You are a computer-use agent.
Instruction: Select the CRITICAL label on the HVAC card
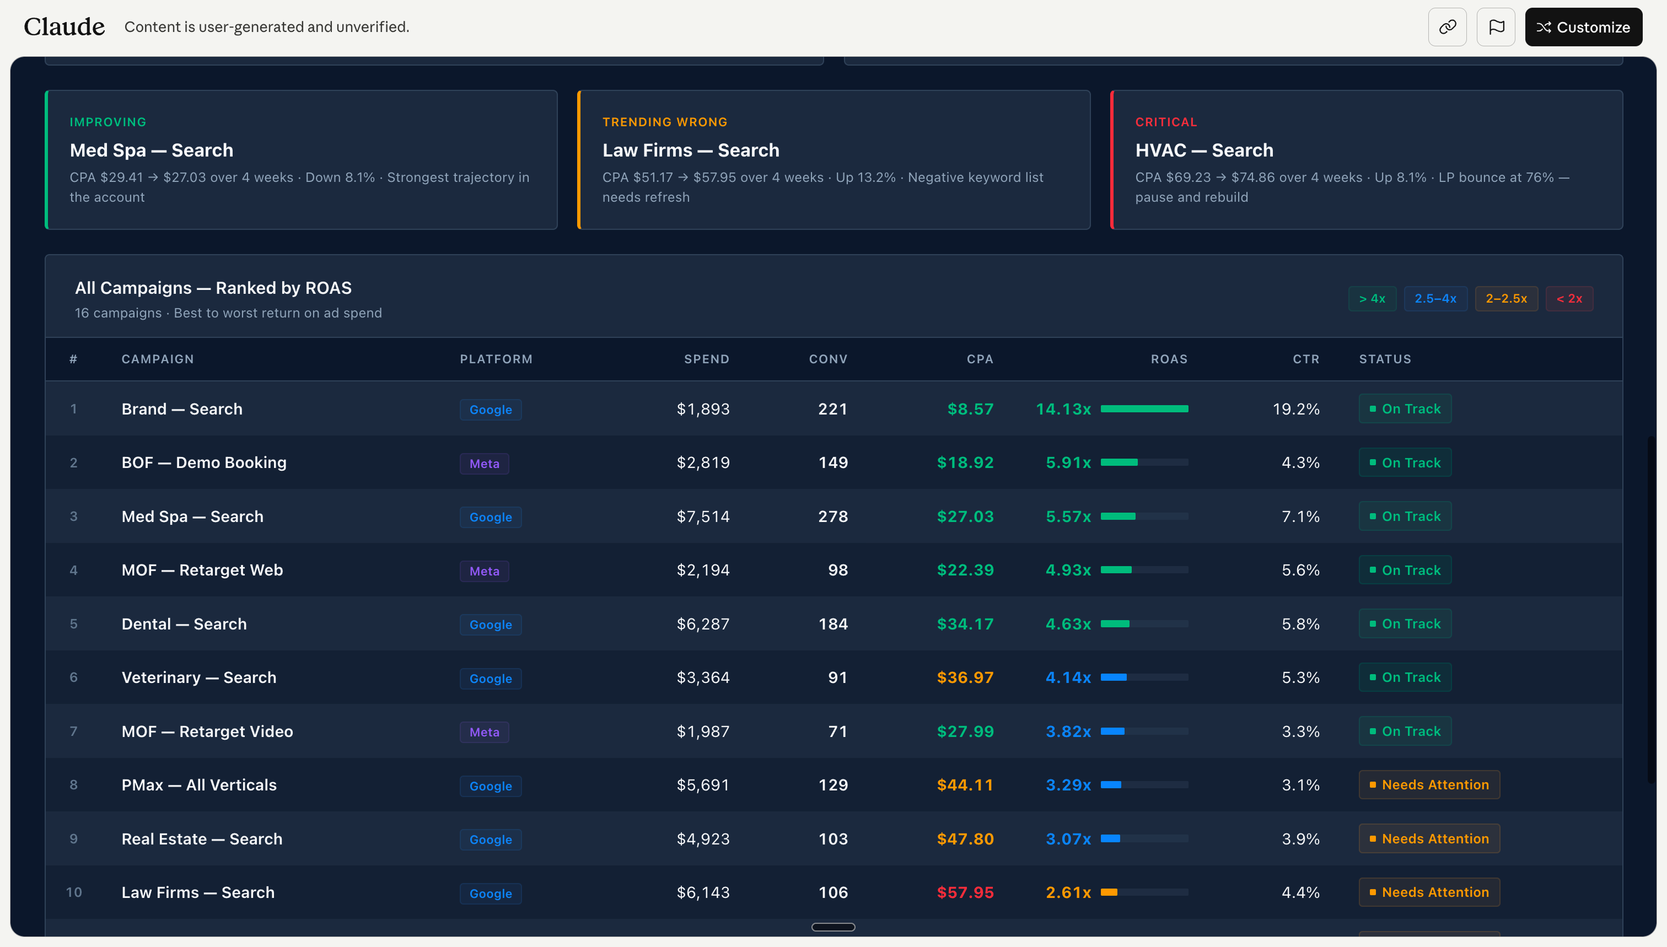(x=1165, y=122)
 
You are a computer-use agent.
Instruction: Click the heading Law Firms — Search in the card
(x=690, y=150)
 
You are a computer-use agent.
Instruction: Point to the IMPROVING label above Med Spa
(x=108, y=122)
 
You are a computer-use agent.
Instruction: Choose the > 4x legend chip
(x=1372, y=299)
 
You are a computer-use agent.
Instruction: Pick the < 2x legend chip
(x=1569, y=299)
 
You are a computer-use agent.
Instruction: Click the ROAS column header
(x=1169, y=359)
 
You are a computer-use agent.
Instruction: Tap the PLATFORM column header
(x=496, y=359)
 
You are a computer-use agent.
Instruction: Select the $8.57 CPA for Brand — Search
(x=970, y=409)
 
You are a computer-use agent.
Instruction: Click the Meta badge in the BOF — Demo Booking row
(x=484, y=464)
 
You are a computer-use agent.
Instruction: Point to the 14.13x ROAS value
(x=1063, y=409)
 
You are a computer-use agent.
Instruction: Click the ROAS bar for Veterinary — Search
(x=1143, y=678)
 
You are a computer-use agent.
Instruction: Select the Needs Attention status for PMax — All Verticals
(x=1429, y=785)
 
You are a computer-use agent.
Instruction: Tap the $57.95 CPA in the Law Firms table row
(x=965, y=892)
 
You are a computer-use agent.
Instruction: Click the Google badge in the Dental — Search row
(x=491, y=625)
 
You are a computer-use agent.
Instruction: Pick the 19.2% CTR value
(x=1295, y=409)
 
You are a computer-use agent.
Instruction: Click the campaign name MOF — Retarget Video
(x=207, y=731)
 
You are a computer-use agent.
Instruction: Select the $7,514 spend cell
(x=702, y=516)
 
